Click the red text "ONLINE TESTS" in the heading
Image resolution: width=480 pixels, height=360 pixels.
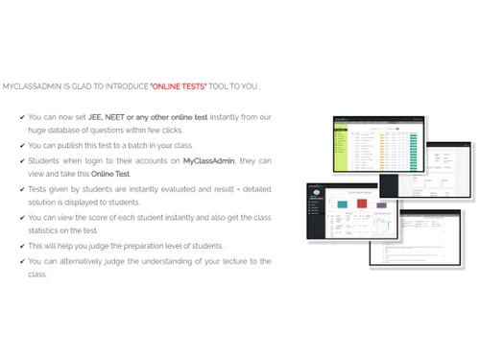[x=179, y=85]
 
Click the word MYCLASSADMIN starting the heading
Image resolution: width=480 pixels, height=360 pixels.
[x=29, y=85]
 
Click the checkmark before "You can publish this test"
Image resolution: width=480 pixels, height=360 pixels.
[x=22, y=146]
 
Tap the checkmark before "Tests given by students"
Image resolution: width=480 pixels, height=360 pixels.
[x=22, y=189]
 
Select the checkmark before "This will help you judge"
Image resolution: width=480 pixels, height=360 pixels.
[x=22, y=246]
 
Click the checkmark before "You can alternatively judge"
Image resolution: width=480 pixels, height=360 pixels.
[x=22, y=260]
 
